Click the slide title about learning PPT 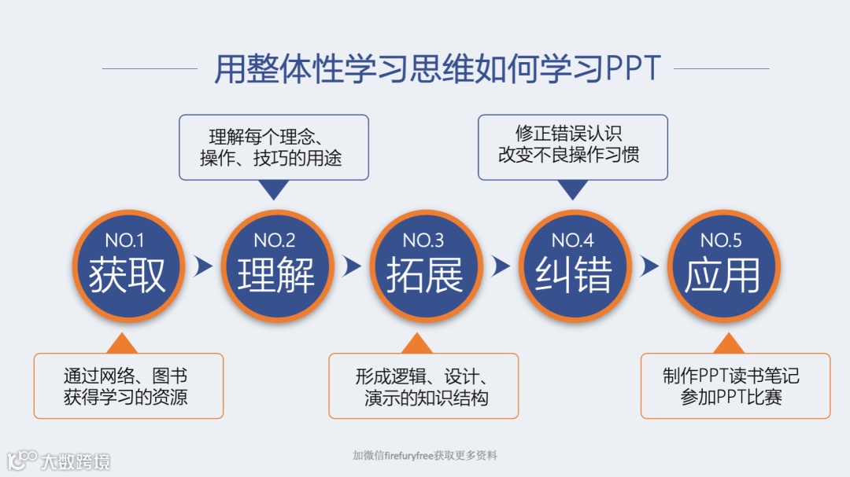[437, 69]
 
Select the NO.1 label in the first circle [125, 240]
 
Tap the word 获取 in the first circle [128, 275]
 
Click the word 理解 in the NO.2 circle [275, 275]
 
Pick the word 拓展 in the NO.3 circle [424, 275]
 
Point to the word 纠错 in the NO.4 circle [573, 275]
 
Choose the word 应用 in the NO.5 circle [722, 275]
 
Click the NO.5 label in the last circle [721, 240]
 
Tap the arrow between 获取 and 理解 [203, 266]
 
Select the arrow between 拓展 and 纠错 [501, 266]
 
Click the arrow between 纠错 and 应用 [649, 266]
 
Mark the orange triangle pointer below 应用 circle [731, 344]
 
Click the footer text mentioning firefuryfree [425, 455]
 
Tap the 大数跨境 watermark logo [59, 460]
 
